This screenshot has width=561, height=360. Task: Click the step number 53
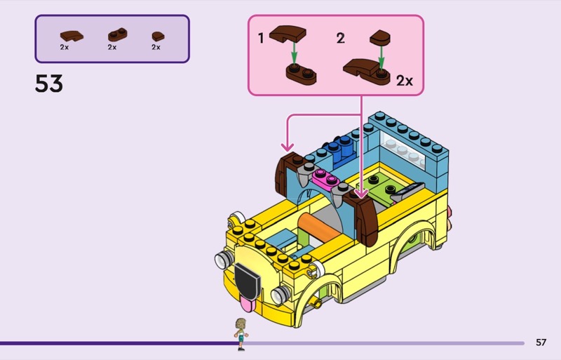[x=49, y=84]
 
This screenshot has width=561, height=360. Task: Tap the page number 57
[x=541, y=342]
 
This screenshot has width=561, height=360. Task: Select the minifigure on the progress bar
[x=241, y=333]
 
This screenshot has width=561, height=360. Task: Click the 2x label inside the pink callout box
[x=405, y=81]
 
